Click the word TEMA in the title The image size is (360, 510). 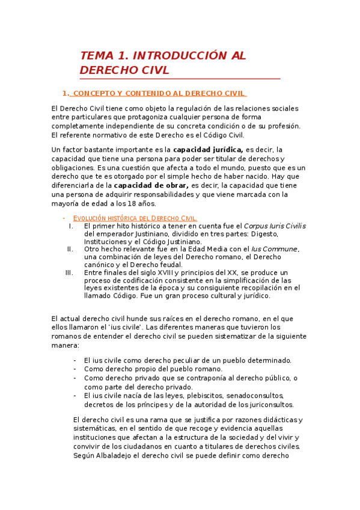tap(96, 56)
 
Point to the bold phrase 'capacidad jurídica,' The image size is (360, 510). tap(208, 149)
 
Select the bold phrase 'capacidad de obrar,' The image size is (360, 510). tap(151, 186)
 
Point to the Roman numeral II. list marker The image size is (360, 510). tap(70, 249)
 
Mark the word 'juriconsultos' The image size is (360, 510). tap(268, 405)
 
